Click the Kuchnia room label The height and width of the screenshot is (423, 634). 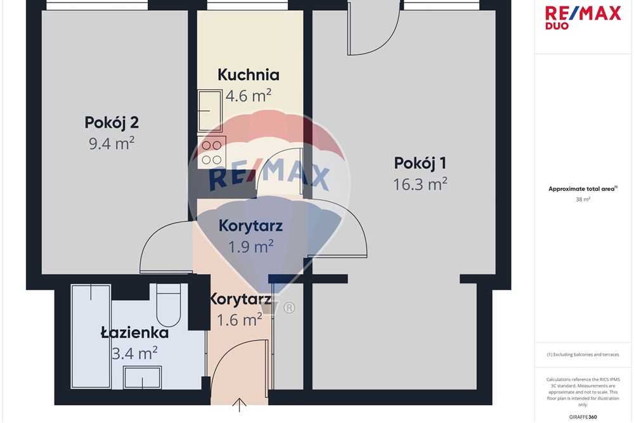(249, 75)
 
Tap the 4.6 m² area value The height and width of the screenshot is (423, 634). (249, 96)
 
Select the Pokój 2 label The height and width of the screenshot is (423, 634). (112, 122)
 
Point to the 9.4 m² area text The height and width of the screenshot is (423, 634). (112, 143)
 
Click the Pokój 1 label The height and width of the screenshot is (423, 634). (420, 164)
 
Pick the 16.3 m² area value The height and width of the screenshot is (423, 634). (420, 185)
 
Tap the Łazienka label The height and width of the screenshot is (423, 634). (134, 333)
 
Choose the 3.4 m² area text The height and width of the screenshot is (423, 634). (134, 353)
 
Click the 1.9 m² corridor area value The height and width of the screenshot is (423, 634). (250, 247)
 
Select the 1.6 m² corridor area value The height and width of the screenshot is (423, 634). (240, 320)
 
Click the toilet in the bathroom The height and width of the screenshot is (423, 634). (168, 305)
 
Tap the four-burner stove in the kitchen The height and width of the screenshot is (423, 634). (212, 152)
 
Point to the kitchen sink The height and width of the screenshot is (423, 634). (210, 111)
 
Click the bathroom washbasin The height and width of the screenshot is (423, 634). (142, 377)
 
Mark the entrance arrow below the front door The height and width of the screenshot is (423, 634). (240, 405)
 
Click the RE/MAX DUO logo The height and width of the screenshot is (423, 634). (583, 17)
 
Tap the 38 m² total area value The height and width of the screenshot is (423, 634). (583, 199)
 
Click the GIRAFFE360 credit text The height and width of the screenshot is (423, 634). (583, 417)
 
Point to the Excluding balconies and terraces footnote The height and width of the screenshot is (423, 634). (583, 355)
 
